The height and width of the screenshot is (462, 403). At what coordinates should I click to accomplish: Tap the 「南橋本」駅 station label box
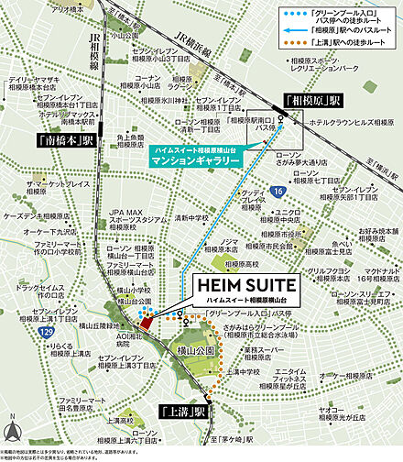(62, 140)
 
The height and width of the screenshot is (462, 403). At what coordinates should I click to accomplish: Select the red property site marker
(145, 321)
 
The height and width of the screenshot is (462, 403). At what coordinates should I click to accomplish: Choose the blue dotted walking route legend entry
(330, 13)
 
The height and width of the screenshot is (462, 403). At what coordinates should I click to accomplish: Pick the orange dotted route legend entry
(330, 42)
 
